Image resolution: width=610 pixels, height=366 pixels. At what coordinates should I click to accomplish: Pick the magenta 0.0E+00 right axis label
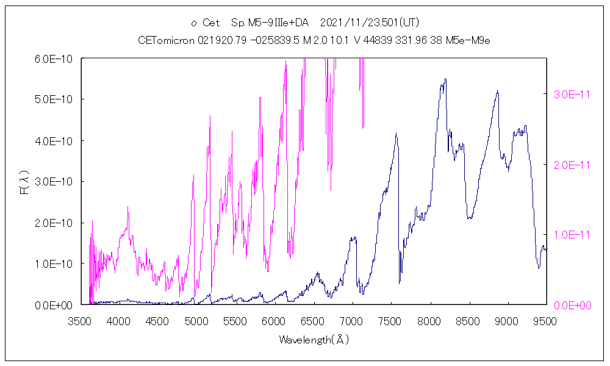click(x=570, y=305)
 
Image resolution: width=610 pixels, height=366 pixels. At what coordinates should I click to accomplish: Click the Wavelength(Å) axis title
click(x=314, y=340)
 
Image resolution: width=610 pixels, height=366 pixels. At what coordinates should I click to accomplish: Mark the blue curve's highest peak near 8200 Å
click(x=445, y=79)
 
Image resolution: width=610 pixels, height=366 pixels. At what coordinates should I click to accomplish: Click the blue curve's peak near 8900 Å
click(x=498, y=91)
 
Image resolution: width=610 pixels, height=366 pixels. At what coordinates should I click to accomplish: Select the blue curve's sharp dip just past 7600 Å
click(x=400, y=282)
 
